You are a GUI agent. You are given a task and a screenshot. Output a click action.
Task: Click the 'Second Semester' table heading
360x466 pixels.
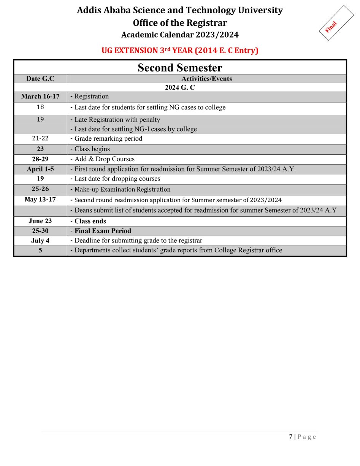click(180, 68)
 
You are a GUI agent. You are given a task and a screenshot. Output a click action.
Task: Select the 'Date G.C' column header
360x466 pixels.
click(40, 79)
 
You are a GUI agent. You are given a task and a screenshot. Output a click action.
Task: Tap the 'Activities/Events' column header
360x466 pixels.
click(206, 79)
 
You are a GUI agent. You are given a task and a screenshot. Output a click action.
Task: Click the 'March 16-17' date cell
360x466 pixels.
click(40, 97)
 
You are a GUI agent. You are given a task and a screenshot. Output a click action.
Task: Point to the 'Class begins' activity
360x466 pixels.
click(92, 149)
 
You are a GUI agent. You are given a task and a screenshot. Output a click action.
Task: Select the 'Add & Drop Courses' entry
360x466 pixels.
click(104, 159)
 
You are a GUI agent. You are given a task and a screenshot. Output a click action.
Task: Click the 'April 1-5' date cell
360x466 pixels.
click(40, 169)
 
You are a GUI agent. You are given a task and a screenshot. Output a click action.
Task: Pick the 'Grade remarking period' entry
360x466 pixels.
click(108, 139)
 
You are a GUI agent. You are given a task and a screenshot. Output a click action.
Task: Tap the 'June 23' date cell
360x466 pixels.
click(40, 221)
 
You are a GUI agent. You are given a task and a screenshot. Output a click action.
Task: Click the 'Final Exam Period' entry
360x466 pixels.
click(103, 231)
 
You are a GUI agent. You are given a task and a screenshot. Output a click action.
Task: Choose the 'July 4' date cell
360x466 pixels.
click(40, 241)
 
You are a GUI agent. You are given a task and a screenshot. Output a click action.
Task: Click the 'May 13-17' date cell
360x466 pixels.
click(40, 200)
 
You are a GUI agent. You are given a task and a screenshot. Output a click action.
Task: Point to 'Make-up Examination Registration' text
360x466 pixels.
click(122, 189)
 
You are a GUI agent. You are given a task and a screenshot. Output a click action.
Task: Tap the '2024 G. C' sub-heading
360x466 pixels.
click(180, 87)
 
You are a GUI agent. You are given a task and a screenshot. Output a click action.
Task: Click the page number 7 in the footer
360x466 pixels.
click(291, 437)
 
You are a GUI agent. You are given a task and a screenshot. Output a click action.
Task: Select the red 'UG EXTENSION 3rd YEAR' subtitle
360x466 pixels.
click(180, 51)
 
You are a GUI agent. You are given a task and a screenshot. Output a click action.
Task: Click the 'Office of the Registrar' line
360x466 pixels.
click(180, 23)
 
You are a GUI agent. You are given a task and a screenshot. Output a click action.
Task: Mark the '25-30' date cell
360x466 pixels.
click(40, 231)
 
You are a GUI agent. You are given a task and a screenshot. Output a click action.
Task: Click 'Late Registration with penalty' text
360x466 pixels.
click(117, 120)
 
